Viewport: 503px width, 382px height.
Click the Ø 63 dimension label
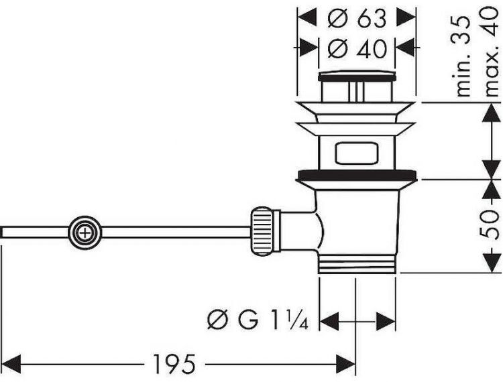click(357, 19)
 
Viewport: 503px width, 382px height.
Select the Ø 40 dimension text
click(357, 49)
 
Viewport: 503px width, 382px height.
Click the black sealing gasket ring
click(357, 176)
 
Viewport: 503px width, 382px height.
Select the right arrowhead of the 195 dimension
click(349, 365)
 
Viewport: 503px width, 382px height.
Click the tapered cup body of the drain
click(362, 214)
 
